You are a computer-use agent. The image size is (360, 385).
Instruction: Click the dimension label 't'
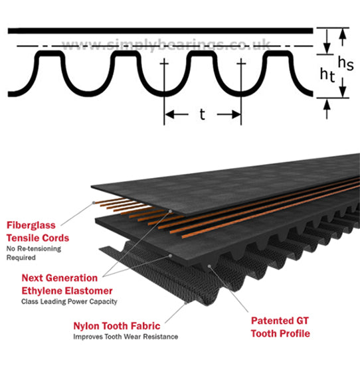(x=202, y=115)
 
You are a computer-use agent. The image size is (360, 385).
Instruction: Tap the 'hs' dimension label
(x=346, y=63)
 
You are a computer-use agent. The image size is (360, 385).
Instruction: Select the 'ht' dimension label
(x=327, y=74)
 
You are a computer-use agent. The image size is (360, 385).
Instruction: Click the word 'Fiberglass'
(x=31, y=225)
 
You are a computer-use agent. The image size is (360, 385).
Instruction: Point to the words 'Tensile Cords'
(x=38, y=238)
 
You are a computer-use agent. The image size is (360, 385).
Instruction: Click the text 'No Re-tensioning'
(x=34, y=249)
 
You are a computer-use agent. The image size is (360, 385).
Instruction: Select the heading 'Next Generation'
(x=60, y=278)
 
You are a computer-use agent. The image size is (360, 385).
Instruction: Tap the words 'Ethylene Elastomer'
(x=67, y=291)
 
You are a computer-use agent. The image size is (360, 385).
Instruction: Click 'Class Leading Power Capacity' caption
(x=69, y=301)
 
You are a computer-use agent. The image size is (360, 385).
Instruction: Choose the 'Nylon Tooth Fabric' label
(x=117, y=326)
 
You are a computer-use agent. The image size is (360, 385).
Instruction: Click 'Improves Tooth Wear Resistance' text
(x=126, y=337)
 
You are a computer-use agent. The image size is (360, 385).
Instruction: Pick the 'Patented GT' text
(x=280, y=321)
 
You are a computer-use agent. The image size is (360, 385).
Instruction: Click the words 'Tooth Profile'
(x=280, y=334)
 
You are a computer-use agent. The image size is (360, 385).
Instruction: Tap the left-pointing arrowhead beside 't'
(x=170, y=114)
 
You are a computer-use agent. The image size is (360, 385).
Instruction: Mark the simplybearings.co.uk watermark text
(x=166, y=44)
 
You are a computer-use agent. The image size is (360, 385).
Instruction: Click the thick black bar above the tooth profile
(x=161, y=31)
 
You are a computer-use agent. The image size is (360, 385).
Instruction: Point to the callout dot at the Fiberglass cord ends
(x=94, y=202)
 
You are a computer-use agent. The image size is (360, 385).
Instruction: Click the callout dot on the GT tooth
(x=209, y=266)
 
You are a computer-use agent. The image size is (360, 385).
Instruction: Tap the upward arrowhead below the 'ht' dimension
(x=327, y=105)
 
